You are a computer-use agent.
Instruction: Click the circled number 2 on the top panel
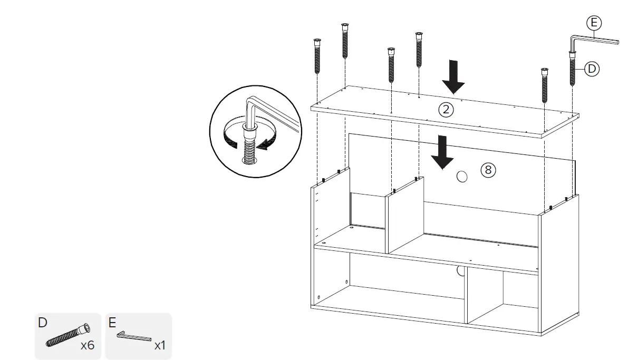coord(446,110)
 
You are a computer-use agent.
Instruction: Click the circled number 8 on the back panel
coord(488,170)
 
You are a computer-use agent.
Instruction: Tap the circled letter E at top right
coord(594,23)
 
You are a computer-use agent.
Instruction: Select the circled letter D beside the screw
coord(592,69)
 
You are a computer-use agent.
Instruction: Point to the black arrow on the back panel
coord(441,152)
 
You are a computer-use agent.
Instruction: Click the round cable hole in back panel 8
coord(461,177)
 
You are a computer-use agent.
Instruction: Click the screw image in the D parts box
coord(66,335)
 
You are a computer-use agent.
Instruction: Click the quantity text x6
coord(87,346)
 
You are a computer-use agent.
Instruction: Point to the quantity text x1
coord(160,346)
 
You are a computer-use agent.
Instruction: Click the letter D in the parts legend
coord(43,323)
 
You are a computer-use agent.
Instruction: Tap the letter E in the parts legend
coord(112,323)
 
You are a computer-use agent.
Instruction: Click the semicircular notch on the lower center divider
coord(460,271)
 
